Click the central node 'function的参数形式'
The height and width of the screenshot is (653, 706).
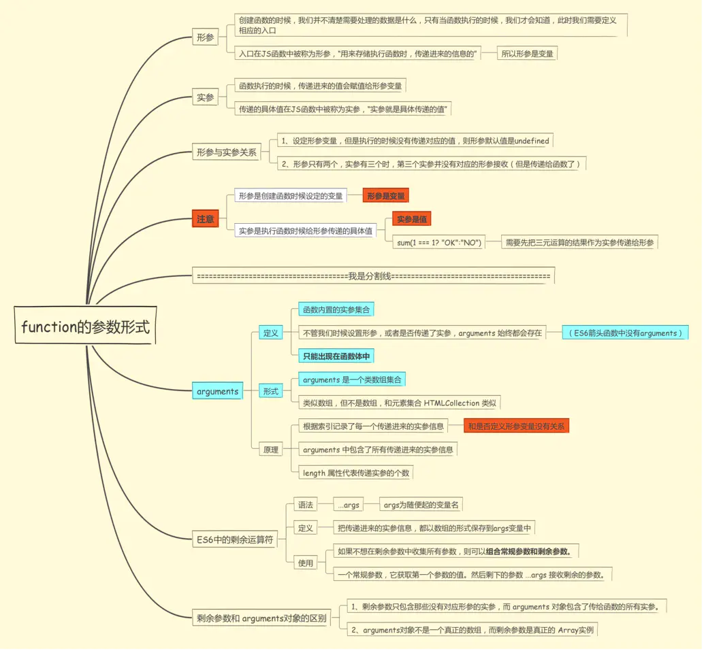pos(85,327)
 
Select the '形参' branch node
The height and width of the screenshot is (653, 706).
pos(205,37)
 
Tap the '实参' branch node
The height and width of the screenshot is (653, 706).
pos(205,97)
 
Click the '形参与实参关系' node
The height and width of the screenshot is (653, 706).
pos(227,152)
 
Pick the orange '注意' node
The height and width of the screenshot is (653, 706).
pos(205,219)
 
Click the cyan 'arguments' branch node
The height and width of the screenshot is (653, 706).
pos(217,391)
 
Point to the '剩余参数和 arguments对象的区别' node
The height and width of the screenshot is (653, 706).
pos(261,619)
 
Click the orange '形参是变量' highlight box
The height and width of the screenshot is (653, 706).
pos(385,196)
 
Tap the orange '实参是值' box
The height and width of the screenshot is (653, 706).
pos(412,220)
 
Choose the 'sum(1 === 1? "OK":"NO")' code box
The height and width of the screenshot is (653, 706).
pos(439,242)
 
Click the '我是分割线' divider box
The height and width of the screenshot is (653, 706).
pos(373,276)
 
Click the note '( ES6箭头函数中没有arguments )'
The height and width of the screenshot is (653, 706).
pos(626,333)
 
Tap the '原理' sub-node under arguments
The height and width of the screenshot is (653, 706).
pos(270,450)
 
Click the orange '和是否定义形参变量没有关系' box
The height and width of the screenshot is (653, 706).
pos(516,426)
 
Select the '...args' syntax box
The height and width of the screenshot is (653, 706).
pos(348,505)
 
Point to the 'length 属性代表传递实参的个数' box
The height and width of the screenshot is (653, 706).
pos(355,473)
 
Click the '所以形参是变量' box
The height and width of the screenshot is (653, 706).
pos(528,52)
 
